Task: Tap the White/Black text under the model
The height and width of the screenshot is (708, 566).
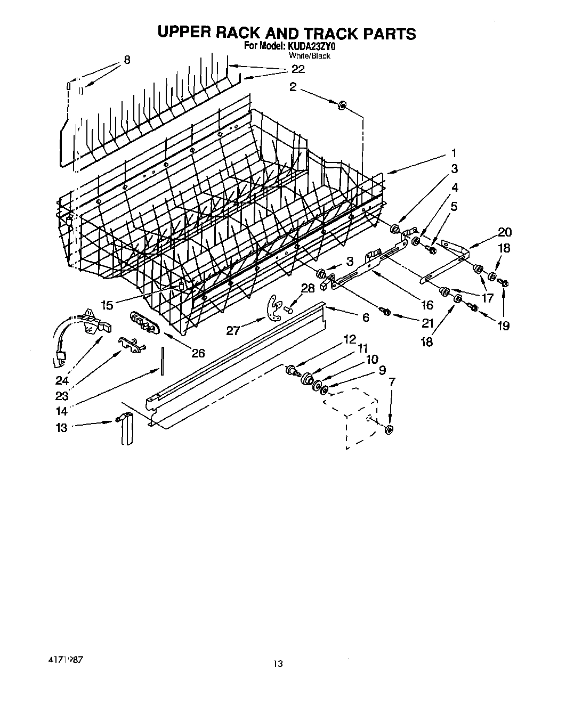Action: coord(309,55)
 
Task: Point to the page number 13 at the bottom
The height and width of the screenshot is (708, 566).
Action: coord(278,663)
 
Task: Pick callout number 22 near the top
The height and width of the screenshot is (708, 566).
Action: coord(298,69)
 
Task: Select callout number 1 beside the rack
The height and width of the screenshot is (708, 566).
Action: coord(454,153)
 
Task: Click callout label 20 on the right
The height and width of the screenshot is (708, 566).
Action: coord(504,232)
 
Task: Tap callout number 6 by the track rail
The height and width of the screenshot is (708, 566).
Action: coord(365,317)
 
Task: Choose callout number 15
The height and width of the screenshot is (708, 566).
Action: coord(107,305)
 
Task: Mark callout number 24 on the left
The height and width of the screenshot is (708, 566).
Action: coord(62,381)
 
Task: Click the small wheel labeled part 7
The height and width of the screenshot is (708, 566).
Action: coord(389,430)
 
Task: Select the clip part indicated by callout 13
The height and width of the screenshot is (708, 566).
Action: coord(126,429)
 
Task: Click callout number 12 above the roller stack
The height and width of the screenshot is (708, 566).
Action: coord(349,339)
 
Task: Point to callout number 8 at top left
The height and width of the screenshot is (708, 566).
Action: coord(126,60)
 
